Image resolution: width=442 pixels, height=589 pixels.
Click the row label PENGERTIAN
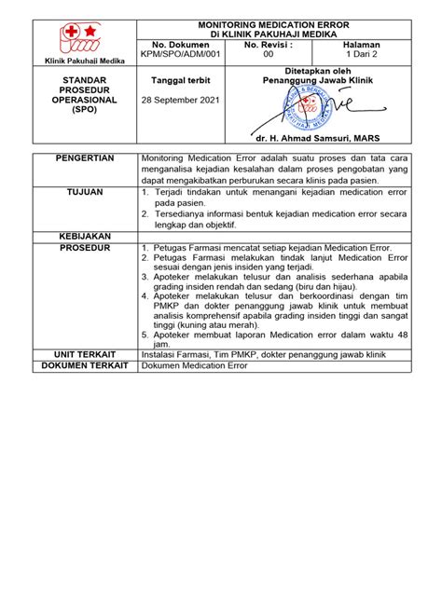point(84,159)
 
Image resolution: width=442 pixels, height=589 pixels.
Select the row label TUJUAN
point(84,191)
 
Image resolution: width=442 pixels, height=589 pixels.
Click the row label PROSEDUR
point(84,249)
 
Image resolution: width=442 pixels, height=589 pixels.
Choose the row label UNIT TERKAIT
point(84,354)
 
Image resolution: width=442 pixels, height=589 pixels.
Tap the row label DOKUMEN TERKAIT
point(84,366)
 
